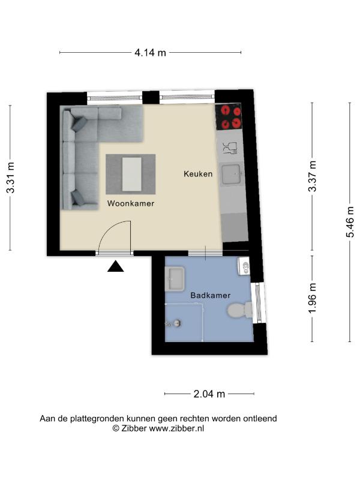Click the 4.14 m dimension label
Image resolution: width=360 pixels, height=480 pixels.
tap(150, 53)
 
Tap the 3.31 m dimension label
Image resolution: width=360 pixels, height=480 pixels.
tap(10, 178)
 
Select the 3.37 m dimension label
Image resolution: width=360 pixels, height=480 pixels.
tap(312, 176)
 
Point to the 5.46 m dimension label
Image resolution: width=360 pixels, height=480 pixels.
tap(350, 222)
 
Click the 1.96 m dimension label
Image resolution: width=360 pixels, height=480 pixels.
tap(312, 298)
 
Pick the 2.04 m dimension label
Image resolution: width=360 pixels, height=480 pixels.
tap(209, 394)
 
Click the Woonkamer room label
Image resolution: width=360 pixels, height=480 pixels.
tap(131, 203)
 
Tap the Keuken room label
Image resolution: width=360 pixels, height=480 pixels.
tap(198, 174)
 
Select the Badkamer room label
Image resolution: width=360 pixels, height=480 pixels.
tap(211, 295)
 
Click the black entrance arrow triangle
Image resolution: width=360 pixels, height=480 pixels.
tap(115, 266)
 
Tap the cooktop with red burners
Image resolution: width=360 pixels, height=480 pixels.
tap(229, 116)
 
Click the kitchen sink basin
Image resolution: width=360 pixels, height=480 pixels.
tap(232, 175)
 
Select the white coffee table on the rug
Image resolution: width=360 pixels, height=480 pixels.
tap(132, 174)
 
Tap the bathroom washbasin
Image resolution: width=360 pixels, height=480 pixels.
tap(175, 278)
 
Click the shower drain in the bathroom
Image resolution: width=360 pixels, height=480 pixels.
tap(176, 323)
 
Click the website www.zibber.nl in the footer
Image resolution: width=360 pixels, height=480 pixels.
tap(176, 428)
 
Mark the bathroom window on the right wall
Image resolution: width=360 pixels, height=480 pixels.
tap(259, 302)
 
